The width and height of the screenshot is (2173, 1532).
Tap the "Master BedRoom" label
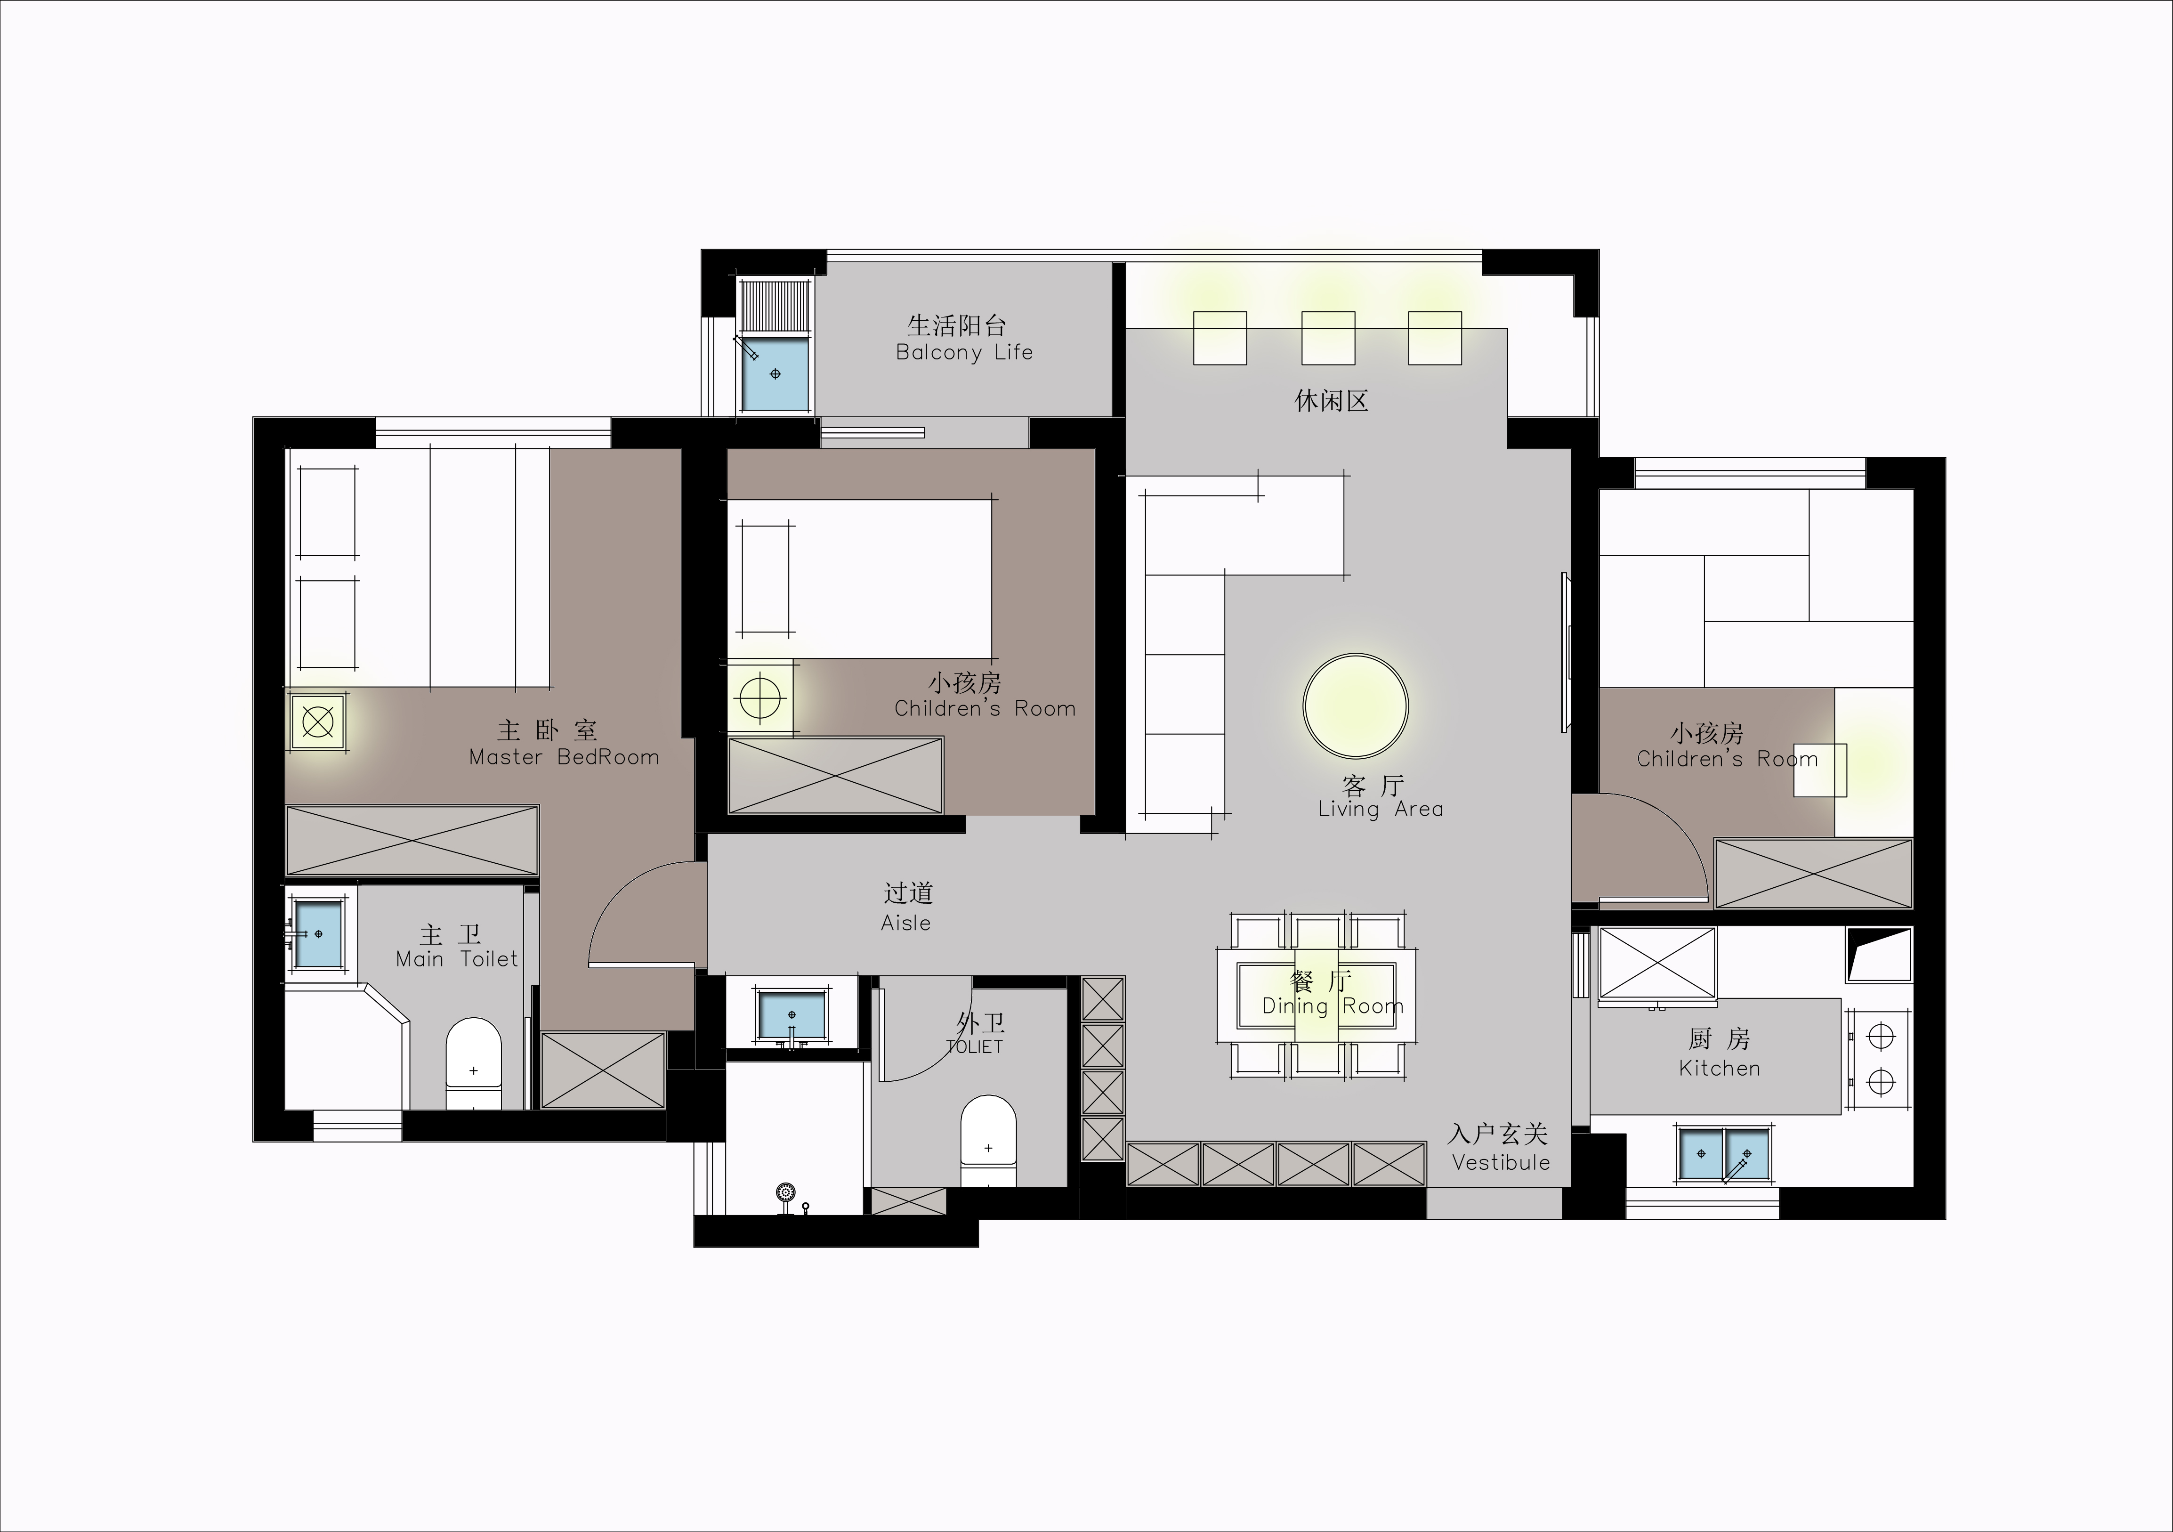(564, 757)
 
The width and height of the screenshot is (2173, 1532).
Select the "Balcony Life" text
(964, 352)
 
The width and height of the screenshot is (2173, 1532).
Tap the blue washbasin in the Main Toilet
(318, 933)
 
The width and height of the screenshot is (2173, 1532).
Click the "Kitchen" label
(1720, 1068)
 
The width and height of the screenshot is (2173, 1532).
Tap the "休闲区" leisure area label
(1332, 400)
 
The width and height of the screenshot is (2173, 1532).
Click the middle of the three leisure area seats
(1328, 338)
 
